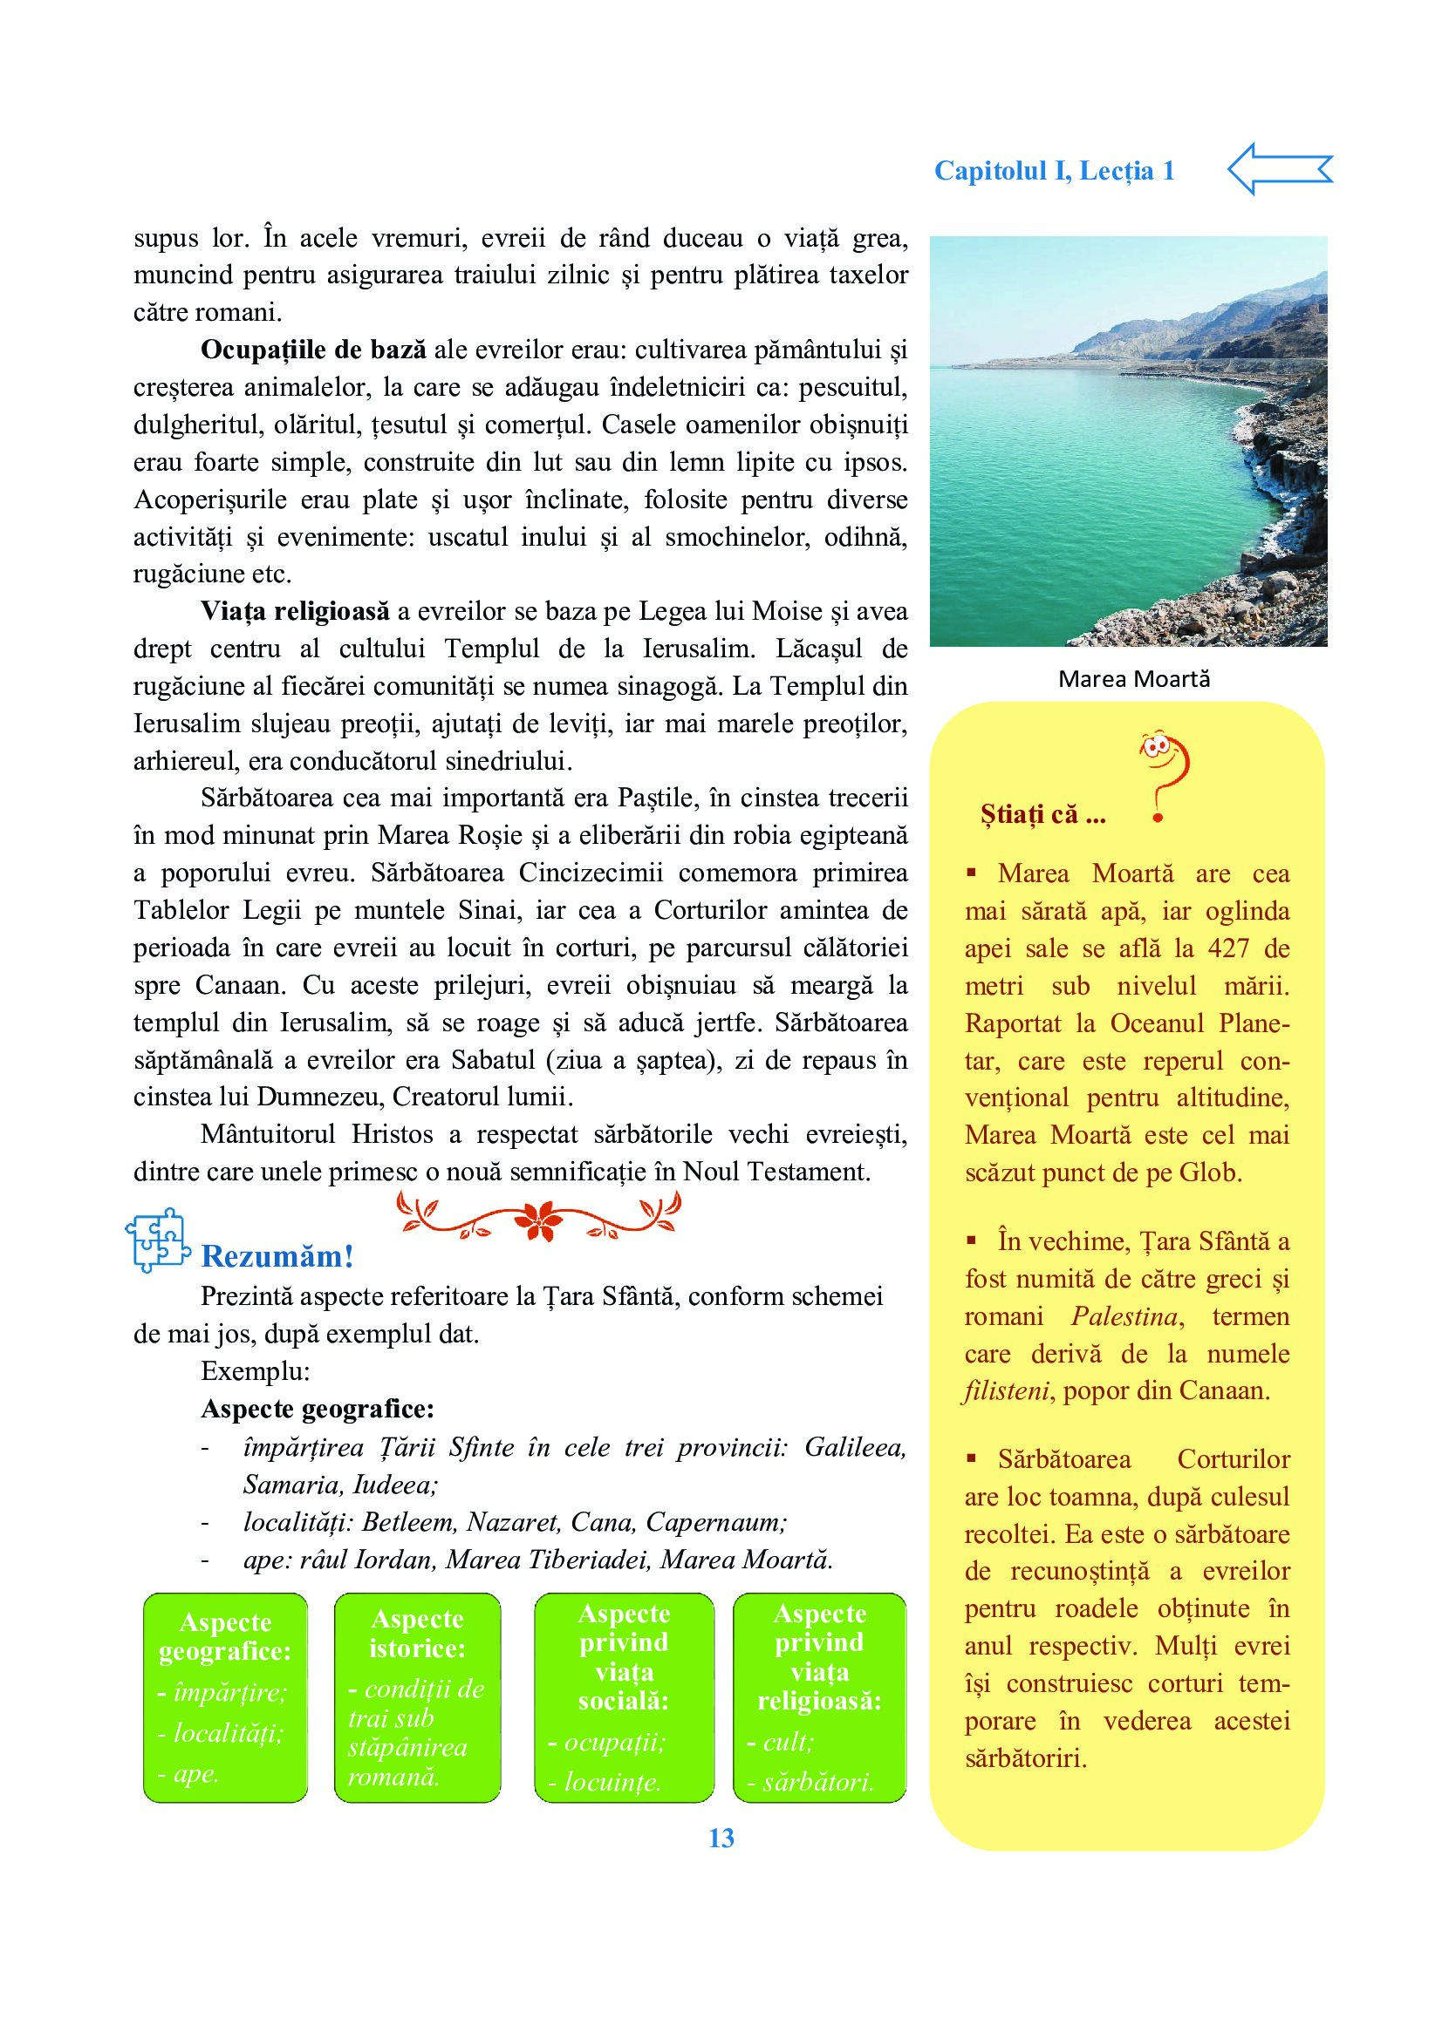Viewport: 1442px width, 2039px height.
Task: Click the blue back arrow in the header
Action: pos(1279,169)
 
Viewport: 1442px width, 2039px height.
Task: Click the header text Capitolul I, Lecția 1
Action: pos(1054,171)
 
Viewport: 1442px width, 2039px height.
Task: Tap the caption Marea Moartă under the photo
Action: pos(1134,679)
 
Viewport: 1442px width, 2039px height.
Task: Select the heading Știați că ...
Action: pos(1042,814)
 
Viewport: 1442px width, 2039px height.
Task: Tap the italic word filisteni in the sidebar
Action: pos(1008,1390)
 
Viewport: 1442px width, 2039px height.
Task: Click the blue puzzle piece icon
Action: pos(158,1240)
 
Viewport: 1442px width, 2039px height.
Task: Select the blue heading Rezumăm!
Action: pos(277,1255)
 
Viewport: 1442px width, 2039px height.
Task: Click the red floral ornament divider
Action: pos(538,1215)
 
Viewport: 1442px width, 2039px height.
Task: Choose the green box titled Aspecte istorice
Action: pos(417,1697)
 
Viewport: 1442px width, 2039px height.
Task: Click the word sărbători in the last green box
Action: pos(817,1782)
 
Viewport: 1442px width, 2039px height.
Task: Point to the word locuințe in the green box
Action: pos(612,1782)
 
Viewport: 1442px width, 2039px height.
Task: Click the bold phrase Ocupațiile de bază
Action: pos(313,350)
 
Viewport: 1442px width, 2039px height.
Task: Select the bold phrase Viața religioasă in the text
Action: pos(295,611)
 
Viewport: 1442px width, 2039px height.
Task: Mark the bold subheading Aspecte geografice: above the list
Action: pos(318,1409)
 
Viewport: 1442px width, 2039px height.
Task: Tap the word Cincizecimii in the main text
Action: pos(591,872)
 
